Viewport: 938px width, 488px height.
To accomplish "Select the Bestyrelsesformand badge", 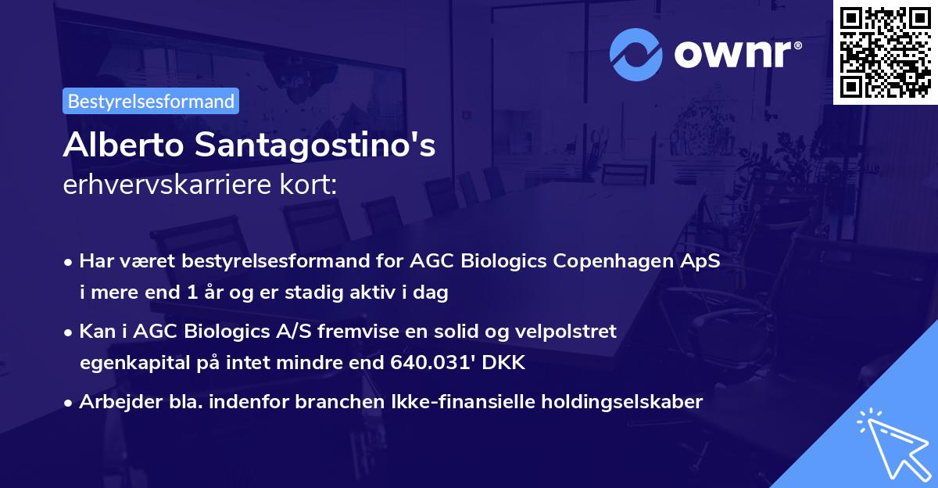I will point(151,101).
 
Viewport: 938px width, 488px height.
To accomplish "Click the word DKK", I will point(507,363).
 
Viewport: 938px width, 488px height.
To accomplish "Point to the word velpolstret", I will point(566,331).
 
